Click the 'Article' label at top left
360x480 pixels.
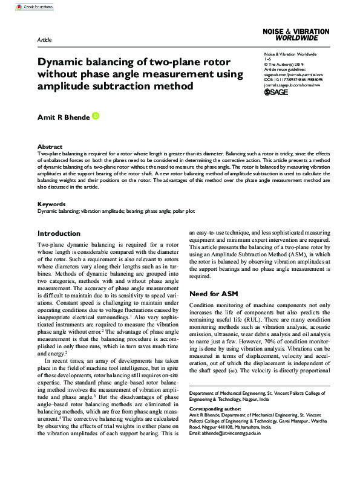pyautogui.click(x=44, y=39)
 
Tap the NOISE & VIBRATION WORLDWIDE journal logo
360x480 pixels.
pyautogui.click(x=296, y=34)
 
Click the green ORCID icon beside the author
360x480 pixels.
pyautogui.click(x=95, y=115)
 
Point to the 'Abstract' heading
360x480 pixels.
pyautogui.click(x=50, y=147)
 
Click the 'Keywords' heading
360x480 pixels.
pyautogui.click(x=51, y=204)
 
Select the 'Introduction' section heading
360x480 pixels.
pyautogui.click(x=59, y=233)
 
